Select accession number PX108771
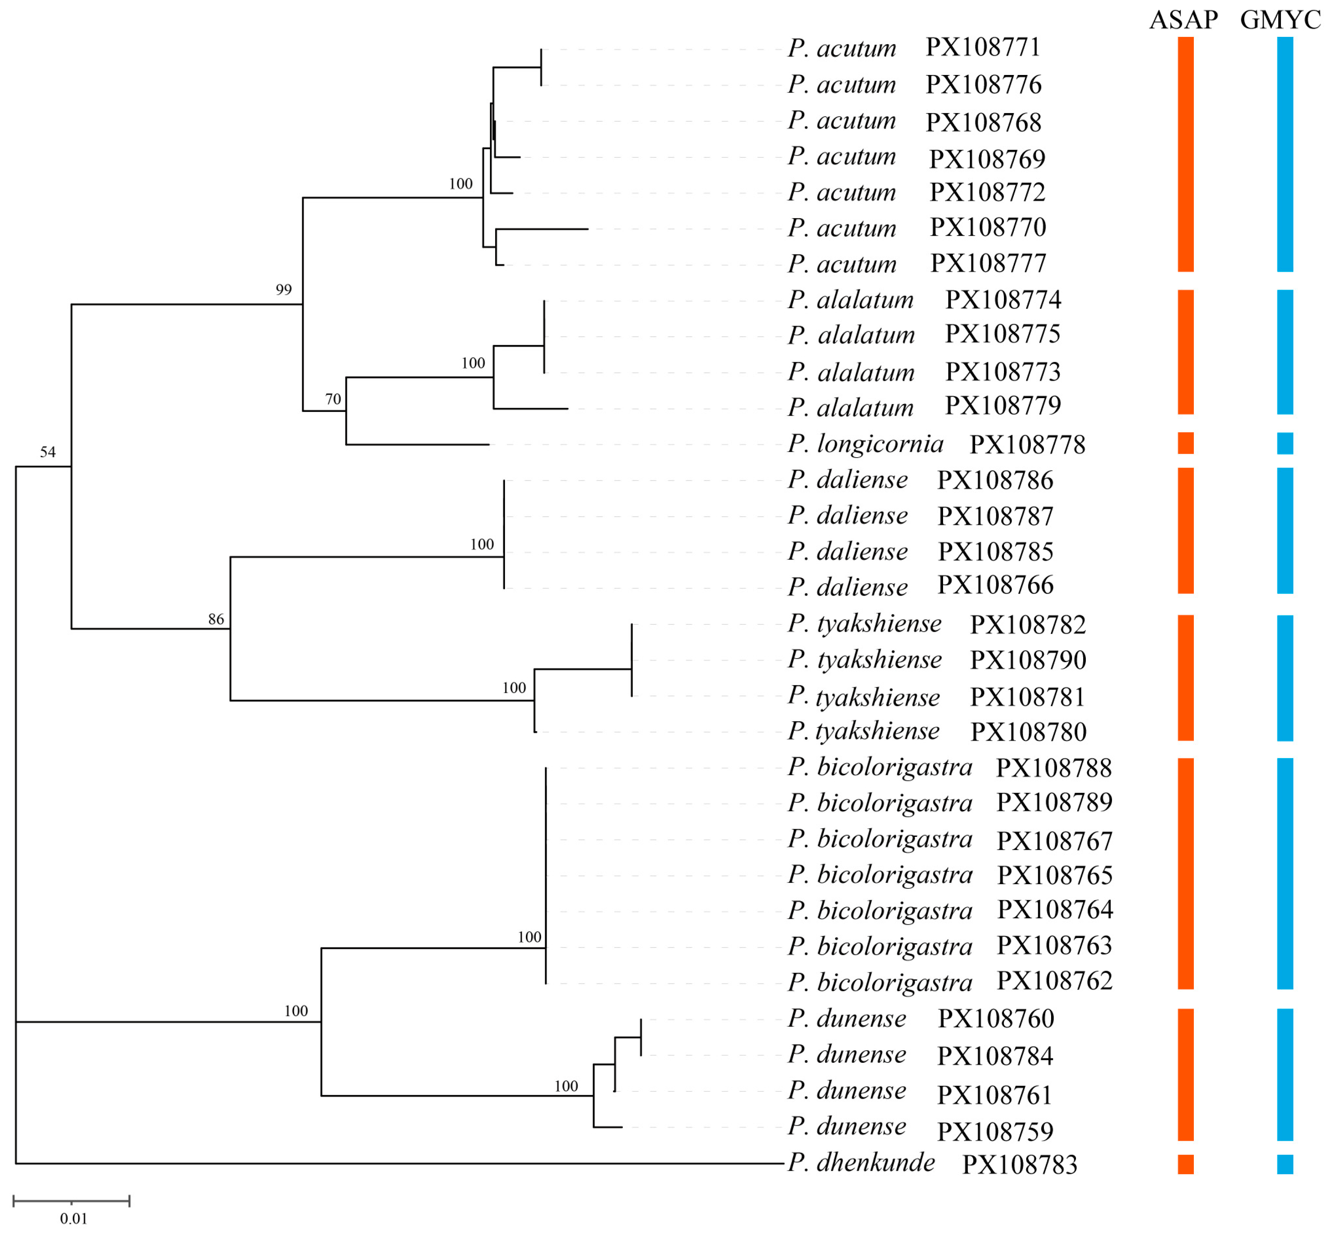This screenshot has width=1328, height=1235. click(982, 48)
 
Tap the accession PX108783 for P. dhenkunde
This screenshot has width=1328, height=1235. click(1019, 1164)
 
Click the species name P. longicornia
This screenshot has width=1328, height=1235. click(865, 444)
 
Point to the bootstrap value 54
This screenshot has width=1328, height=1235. click(48, 452)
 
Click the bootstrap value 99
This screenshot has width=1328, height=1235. click(283, 290)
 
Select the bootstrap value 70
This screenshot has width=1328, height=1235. click(333, 399)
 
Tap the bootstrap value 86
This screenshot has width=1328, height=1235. click(216, 619)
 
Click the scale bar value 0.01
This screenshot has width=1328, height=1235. click(73, 1218)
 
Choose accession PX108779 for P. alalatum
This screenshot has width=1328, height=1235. click(1003, 405)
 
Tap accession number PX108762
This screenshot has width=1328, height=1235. click(1054, 980)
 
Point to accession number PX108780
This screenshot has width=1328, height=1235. click(1028, 732)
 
